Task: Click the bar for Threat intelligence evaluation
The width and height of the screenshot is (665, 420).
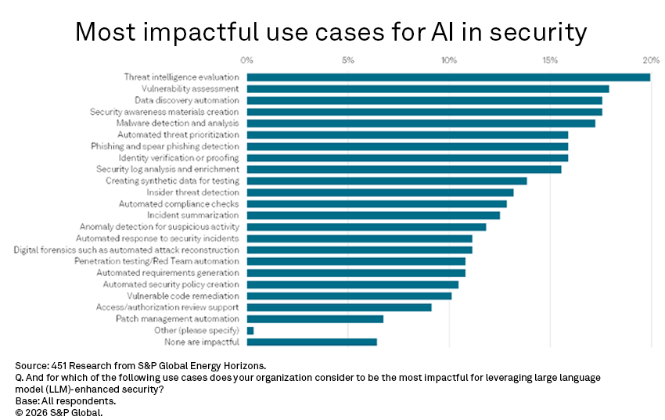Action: (x=448, y=77)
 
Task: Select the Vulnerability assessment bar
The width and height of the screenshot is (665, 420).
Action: (x=428, y=89)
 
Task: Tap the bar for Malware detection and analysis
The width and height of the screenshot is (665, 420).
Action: (x=421, y=124)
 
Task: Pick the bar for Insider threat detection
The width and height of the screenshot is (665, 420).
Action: (x=380, y=192)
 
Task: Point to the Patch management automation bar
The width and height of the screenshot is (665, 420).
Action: (x=315, y=319)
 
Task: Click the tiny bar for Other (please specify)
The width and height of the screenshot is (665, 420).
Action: (x=250, y=331)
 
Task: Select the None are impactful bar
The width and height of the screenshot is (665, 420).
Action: (x=312, y=342)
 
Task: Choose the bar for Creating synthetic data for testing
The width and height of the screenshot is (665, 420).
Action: (x=386, y=181)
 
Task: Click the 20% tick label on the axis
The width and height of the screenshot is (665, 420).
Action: (x=651, y=60)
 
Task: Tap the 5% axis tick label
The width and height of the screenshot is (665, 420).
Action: (x=348, y=60)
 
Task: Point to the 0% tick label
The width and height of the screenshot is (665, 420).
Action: (x=247, y=60)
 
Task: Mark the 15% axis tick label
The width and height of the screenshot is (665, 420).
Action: (x=550, y=60)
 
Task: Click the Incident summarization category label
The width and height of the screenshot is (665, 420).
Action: (x=193, y=215)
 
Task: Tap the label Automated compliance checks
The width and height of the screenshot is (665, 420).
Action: (x=179, y=204)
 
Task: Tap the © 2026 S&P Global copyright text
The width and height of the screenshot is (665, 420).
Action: (x=59, y=411)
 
